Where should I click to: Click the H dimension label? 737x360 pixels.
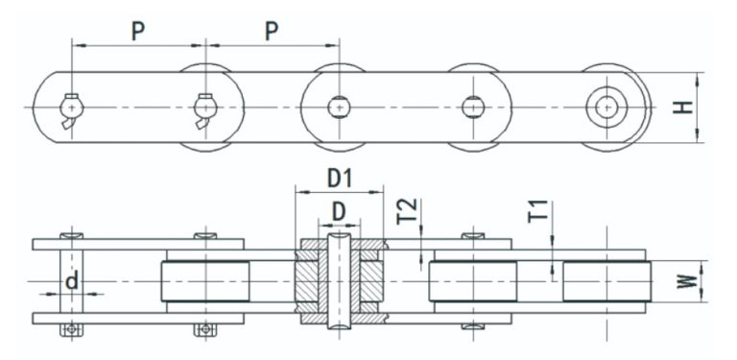(682, 108)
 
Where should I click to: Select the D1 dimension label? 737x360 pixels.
(338, 178)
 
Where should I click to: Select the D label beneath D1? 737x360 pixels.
(338, 209)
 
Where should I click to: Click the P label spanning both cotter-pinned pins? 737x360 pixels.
(138, 31)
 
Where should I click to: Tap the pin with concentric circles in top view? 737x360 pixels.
(606, 106)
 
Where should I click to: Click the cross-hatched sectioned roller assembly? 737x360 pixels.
(338, 280)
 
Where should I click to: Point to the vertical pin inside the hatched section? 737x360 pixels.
(338, 280)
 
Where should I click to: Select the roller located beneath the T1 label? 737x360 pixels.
(606, 282)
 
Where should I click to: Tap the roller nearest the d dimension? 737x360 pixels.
(205, 282)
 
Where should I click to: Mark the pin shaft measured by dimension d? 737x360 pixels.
(69, 282)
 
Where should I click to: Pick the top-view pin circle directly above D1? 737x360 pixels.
(338, 107)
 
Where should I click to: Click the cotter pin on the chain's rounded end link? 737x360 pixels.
(69, 109)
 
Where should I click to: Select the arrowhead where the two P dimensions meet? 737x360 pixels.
(205, 43)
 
